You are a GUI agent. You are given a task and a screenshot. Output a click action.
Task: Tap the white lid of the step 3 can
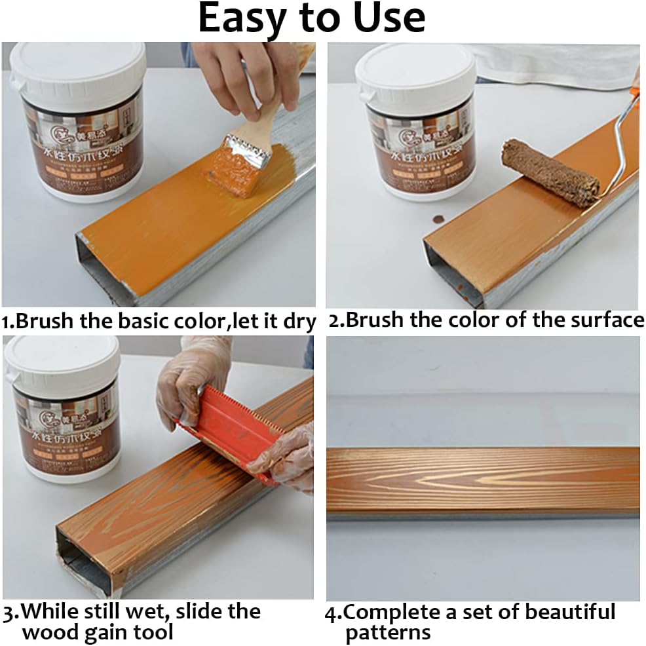(x=62, y=364)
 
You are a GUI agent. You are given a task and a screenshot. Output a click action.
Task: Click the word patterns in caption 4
(x=387, y=633)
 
